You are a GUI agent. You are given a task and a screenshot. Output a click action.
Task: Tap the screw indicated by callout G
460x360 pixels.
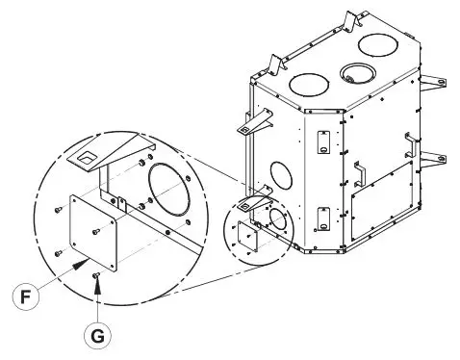97,276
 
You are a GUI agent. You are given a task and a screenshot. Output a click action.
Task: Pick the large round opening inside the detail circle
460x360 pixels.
172,193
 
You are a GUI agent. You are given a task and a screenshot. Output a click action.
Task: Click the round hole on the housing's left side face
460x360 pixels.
282,174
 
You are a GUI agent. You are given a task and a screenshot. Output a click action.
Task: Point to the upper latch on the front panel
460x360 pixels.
322,141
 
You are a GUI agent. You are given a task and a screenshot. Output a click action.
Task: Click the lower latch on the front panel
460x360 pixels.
322,219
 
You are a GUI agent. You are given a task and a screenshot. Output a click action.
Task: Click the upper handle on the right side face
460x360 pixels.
412,141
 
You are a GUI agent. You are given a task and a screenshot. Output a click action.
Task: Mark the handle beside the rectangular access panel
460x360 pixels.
359,173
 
